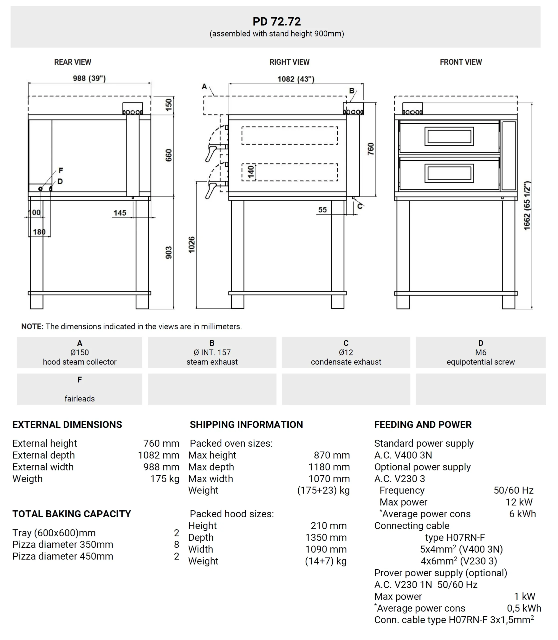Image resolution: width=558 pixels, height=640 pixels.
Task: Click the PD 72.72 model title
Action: [277, 21]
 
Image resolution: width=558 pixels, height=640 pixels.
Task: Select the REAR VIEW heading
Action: [73, 62]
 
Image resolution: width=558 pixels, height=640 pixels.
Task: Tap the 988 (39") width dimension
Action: [89, 78]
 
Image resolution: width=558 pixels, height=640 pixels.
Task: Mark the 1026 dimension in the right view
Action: [192, 245]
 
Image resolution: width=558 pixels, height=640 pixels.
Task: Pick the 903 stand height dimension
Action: [169, 252]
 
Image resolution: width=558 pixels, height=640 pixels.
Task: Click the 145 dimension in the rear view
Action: [120, 213]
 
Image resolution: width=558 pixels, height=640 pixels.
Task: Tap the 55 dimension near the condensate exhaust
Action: [322, 210]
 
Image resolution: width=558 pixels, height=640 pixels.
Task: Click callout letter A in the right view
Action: [204, 86]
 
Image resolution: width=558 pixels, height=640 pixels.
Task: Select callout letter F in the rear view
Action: [61, 170]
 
